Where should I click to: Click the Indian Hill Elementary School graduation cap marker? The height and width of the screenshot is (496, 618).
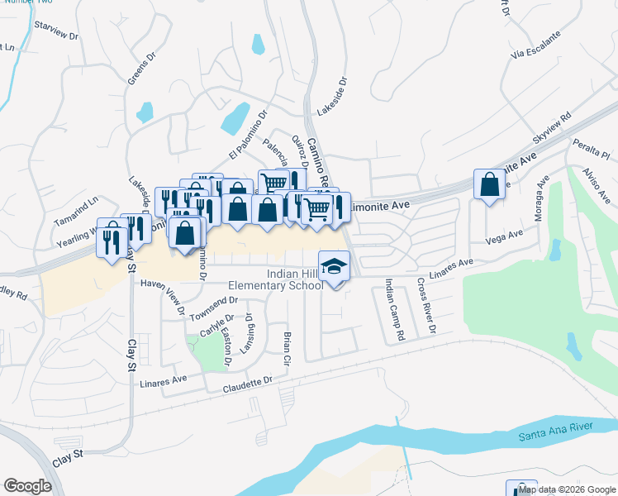(334, 266)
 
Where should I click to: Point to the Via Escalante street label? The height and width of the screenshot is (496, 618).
(535, 48)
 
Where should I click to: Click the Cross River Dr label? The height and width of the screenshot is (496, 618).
(425, 307)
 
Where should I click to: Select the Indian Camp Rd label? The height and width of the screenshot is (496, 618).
(394, 311)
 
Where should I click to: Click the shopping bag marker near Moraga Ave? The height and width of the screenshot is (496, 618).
(489, 185)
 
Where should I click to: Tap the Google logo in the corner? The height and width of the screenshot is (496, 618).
(27, 485)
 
